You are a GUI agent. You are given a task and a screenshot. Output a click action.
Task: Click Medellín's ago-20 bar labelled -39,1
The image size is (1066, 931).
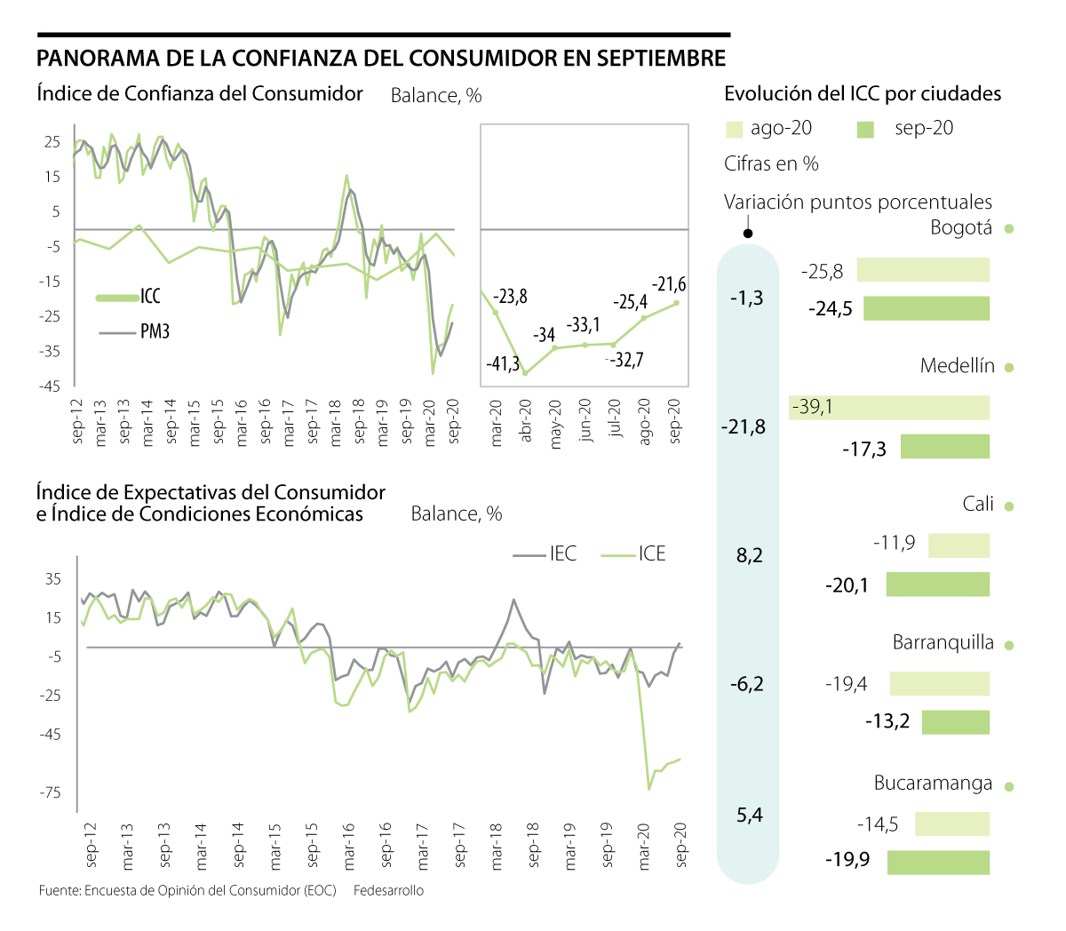pyautogui.click(x=889, y=408)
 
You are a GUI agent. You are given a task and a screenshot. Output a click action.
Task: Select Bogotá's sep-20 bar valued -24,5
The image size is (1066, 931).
pyautogui.click(x=927, y=308)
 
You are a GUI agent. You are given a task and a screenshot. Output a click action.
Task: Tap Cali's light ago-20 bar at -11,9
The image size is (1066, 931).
pyautogui.click(x=959, y=545)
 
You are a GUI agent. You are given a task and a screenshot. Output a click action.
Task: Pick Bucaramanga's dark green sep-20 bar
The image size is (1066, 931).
pyautogui.click(x=938, y=862)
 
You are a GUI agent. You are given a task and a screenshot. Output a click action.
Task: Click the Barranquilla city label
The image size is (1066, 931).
pyautogui.click(x=943, y=643)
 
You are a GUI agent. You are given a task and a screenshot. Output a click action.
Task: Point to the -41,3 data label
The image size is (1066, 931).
pyautogui.click(x=503, y=364)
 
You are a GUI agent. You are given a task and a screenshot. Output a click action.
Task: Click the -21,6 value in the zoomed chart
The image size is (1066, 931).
pyautogui.click(x=669, y=284)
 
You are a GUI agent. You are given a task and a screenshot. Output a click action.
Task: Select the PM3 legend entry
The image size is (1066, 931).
pyautogui.click(x=155, y=332)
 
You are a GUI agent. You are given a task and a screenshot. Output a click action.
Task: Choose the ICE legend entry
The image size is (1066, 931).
pyautogui.click(x=651, y=554)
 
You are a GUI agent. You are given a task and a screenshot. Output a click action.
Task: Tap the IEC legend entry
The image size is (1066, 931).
pyautogui.click(x=562, y=554)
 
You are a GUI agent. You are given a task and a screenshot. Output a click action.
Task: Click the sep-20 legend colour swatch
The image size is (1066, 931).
pyautogui.click(x=865, y=130)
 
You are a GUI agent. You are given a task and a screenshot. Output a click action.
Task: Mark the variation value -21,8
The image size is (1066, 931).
pyautogui.click(x=744, y=427)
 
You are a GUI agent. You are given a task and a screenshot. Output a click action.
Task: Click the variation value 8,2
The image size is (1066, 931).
pyautogui.click(x=749, y=556)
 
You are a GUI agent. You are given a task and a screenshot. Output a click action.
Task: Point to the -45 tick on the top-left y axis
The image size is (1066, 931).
pyautogui.click(x=51, y=386)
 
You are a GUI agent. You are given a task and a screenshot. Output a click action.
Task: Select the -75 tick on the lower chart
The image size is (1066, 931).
pyautogui.click(x=52, y=792)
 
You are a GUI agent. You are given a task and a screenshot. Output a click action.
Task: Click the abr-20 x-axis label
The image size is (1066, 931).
pyautogui.click(x=525, y=423)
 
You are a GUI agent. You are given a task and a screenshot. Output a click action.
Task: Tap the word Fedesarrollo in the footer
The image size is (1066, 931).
pyautogui.click(x=388, y=891)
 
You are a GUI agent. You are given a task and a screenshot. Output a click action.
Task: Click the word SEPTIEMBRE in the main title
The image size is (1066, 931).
pyautogui.click(x=661, y=59)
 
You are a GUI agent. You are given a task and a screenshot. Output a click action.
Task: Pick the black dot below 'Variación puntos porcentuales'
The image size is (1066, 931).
pyautogui.click(x=748, y=234)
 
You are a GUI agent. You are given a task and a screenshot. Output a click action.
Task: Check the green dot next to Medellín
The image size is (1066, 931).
pyautogui.click(x=1008, y=368)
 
